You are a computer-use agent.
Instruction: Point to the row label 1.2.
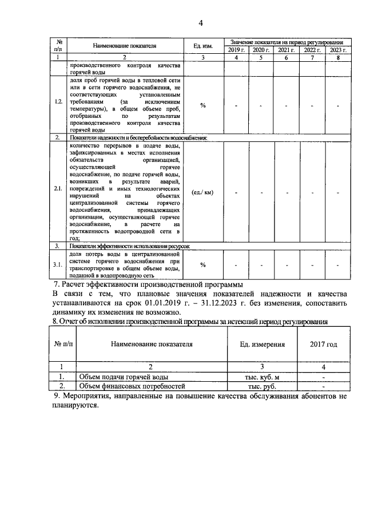click(x=58, y=101)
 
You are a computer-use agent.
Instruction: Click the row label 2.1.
click(x=58, y=192)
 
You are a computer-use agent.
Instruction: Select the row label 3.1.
click(x=58, y=264)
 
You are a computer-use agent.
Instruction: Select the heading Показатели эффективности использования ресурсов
click(x=129, y=246)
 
